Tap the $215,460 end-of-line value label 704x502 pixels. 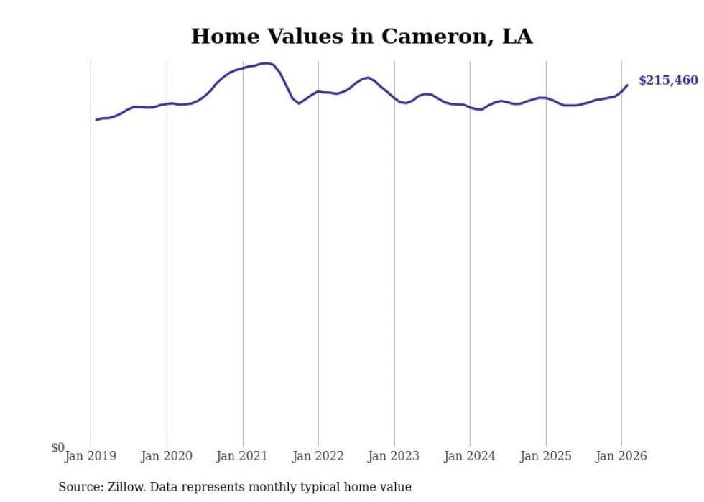pos(667,80)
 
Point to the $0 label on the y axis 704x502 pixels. pos(57,448)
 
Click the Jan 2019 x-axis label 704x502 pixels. pos(91,456)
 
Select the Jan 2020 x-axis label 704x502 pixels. pos(167,456)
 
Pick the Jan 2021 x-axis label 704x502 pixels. pos(243,456)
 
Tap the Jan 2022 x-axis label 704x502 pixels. pos(318,456)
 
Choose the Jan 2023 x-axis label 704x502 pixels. pos(394,456)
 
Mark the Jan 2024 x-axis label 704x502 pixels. pos(470,456)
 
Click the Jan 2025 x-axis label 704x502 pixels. pos(546,456)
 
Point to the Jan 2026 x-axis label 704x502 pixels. pos(621,456)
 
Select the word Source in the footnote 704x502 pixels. pos(80,488)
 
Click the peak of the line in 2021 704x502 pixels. pos(266,63)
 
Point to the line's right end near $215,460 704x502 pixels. pos(627,85)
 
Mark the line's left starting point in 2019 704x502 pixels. pos(96,120)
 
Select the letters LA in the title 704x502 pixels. pos(517,37)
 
